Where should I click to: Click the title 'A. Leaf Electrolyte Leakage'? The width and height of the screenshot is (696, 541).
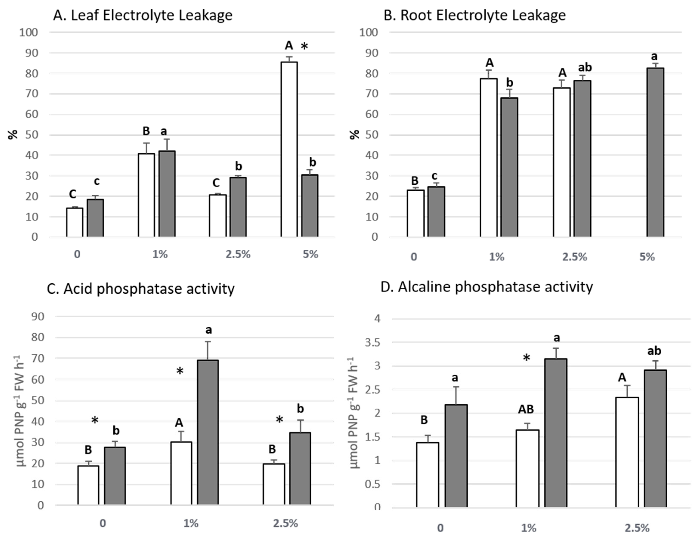tap(142, 15)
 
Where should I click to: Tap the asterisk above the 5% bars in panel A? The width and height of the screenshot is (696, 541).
tap(304, 47)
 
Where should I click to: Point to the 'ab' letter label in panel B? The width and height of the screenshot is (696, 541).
tap(585, 68)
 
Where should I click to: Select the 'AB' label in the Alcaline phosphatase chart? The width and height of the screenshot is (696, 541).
tap(526, 409)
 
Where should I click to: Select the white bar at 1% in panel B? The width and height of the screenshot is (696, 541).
tap(489, 158)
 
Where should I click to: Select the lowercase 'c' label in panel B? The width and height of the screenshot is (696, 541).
tap(434, 176)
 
